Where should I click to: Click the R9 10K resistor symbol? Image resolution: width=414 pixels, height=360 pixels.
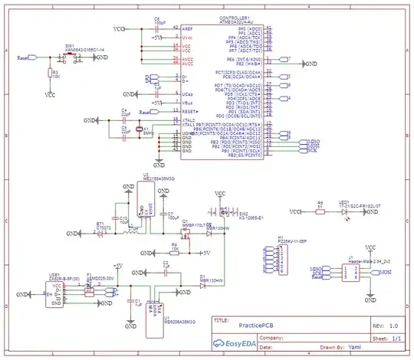175,251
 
